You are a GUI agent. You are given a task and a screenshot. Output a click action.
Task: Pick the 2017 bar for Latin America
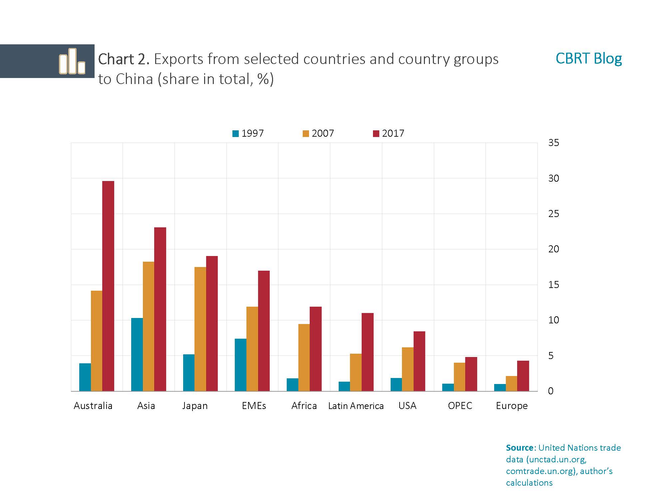[367, 352]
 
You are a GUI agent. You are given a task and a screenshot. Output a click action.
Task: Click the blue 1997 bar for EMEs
[240, 365]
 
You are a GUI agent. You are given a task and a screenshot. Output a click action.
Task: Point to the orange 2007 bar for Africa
[304, 357]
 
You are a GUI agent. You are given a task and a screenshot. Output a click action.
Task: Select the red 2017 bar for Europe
[523, 376]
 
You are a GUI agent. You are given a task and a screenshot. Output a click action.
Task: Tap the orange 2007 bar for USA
[408, 369]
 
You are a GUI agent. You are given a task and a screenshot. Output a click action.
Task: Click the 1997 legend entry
[248, 133]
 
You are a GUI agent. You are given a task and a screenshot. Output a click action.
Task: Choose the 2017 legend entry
[389, 133]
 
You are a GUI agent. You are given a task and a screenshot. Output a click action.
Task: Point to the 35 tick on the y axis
[553, 143]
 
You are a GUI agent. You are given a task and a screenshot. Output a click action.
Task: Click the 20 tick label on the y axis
[553, 249]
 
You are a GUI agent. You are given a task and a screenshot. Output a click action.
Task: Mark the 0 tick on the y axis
[551, 391]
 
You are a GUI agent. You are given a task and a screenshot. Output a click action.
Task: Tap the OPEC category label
[460, 406]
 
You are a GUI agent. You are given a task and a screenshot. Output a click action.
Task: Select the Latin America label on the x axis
[356, 406]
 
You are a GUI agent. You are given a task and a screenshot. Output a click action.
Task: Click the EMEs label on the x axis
[254, 406]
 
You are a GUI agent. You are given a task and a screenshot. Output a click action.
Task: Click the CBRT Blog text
[588, 59]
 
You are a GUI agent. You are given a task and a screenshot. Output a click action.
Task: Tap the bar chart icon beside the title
[72, 61]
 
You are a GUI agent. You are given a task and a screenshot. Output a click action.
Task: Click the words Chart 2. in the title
[124, 59]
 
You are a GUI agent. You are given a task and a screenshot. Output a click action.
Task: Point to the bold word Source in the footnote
[520, 448]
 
